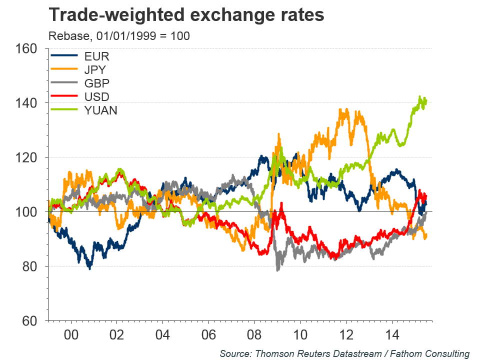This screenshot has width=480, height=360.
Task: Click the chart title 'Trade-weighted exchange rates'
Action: coord(186,15)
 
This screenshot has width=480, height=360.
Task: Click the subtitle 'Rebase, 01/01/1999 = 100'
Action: coord(119,36)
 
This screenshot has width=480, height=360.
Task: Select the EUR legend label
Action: coord(97,55)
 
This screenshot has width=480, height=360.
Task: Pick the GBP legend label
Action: coord(97,82)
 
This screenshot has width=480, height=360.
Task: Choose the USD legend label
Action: coord(97,96)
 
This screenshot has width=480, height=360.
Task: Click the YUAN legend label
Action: coord(101,110)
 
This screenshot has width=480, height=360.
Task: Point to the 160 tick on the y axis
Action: coord(27,48)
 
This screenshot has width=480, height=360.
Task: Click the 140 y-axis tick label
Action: coord(27,103)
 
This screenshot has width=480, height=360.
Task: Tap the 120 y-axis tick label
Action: coord(27,157)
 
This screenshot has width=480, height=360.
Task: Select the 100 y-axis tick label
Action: coord(27,212)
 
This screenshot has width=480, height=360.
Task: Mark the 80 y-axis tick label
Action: coord(30,266)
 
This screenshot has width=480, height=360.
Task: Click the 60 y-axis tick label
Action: coord(30,321)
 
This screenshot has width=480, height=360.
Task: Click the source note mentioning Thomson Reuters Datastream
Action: coord(344,353)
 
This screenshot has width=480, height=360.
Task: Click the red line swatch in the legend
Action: coord(64,96)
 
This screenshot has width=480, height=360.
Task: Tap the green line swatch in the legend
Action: coord(64,110)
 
